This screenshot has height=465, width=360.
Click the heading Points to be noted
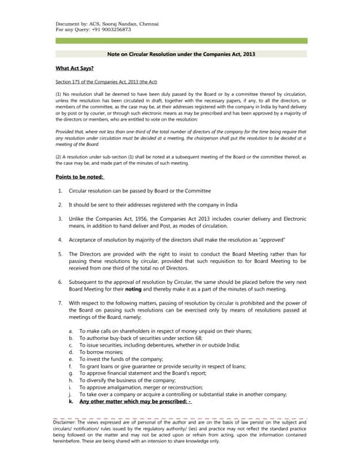(79, 177)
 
